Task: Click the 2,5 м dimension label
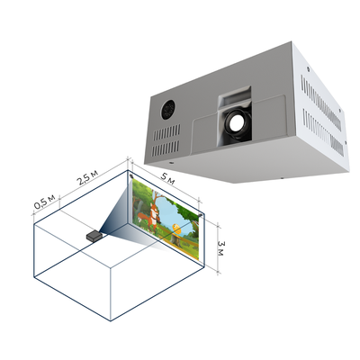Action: click(x=87, y=177)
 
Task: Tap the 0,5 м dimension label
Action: click(x=44, y=202)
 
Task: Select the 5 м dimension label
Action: click(x=167, y=177)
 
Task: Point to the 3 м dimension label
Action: click(x=220, y=248)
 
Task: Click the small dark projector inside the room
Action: click(x=94, y=236)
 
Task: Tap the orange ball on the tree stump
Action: click(x=177, y=229)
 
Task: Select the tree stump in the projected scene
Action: click(x=176, y=238)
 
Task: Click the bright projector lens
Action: click(x=237, y=121)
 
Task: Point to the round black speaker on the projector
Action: click(x=168, y=110)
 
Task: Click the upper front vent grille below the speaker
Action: click(x=166, y=132)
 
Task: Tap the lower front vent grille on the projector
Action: click(x=166, y=148)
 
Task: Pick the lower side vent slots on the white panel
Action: click(x=323, y=132)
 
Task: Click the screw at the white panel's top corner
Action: click(x=308, y=68)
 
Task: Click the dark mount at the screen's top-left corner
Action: click(x=131, y=176)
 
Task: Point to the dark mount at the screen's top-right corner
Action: click(x=201, y=215)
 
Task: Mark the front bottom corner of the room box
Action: click(x=111, y=320)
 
